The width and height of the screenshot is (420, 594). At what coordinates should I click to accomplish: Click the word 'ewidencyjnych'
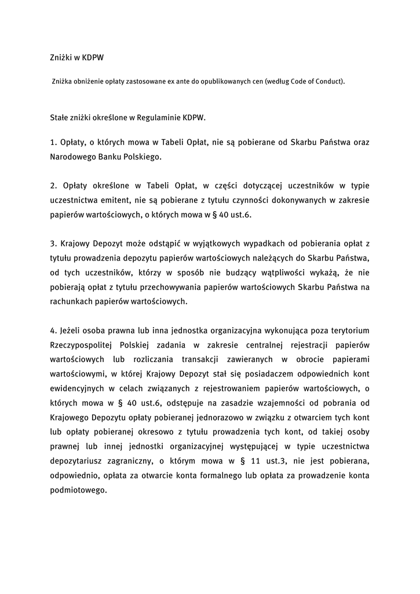[76, 389]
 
